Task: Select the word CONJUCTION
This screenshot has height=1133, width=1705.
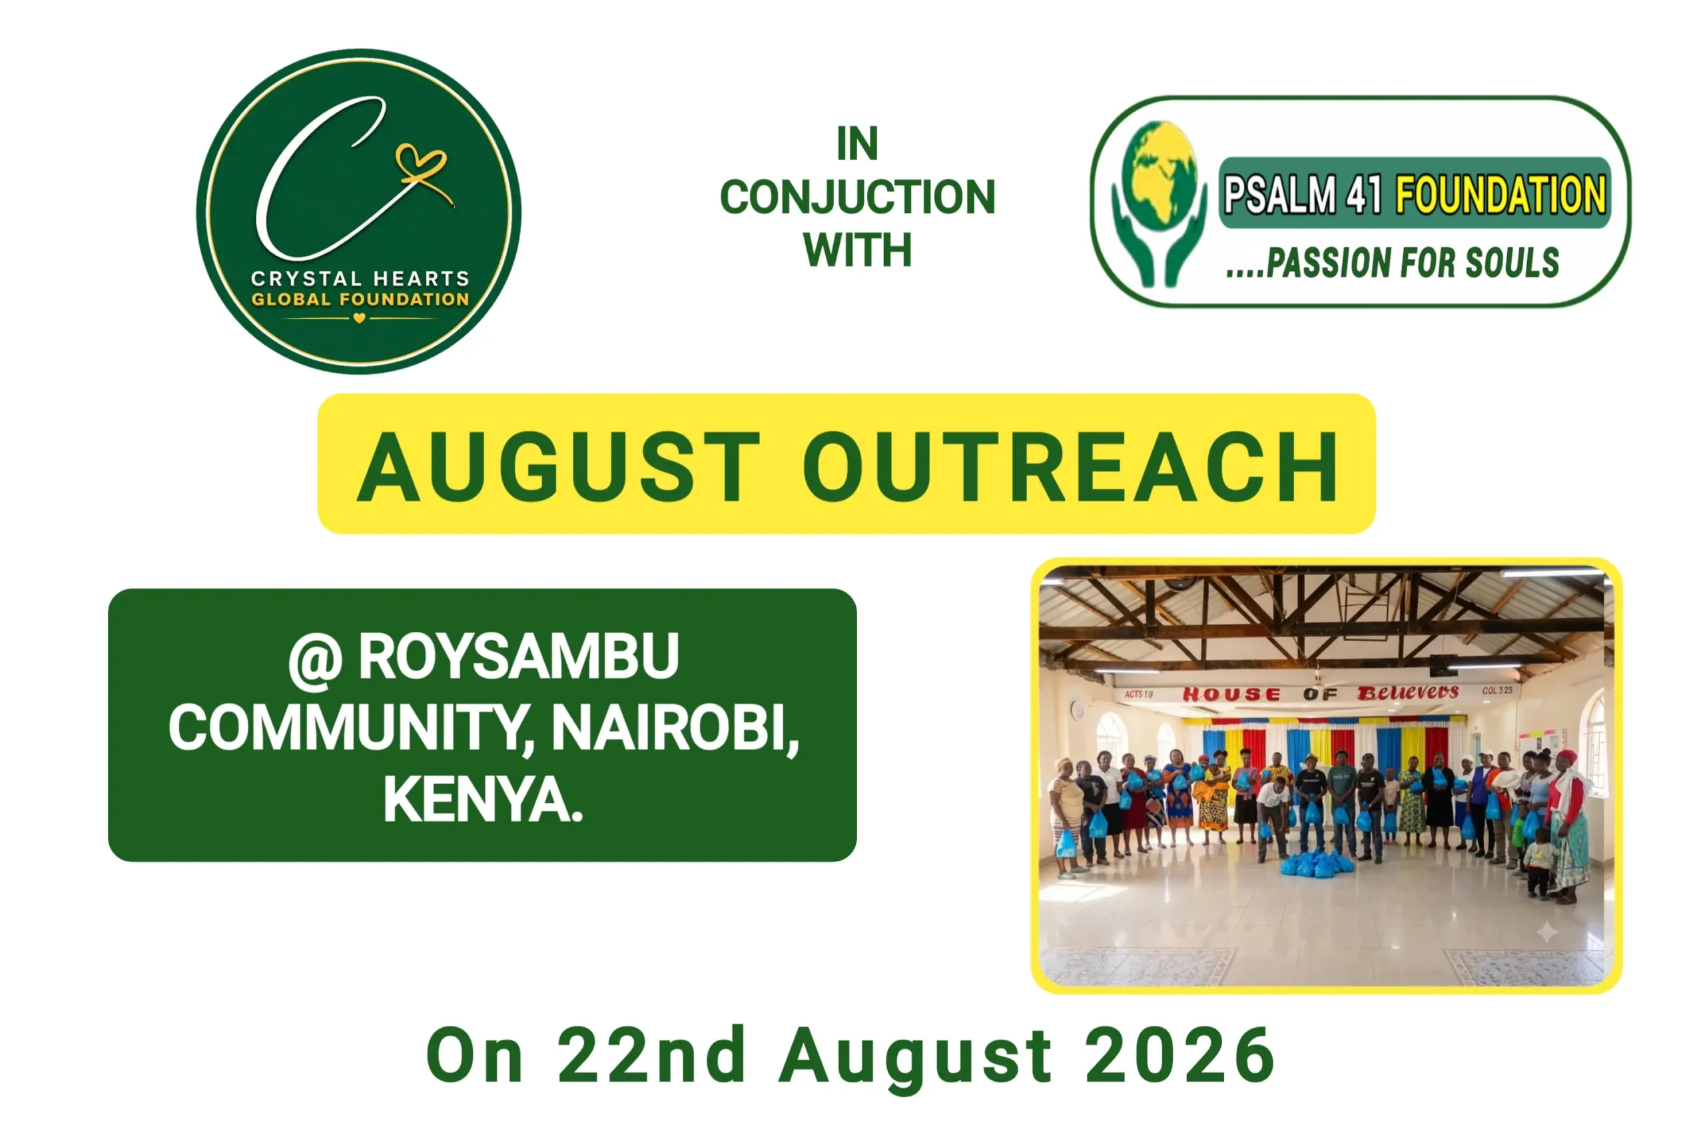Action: (857, 197)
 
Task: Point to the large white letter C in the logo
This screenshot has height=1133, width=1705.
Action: (318, 180)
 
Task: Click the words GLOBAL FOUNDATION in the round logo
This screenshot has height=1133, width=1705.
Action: (360, 299)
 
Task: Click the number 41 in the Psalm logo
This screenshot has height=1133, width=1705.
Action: (1363, 194)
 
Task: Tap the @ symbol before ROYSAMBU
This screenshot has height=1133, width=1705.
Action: (315, 660)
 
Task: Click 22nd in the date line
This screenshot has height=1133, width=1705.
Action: (651, 1055)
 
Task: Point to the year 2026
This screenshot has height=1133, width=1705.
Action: (1180, 1055)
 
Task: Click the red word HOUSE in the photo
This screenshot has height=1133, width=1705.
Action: (1231, 694)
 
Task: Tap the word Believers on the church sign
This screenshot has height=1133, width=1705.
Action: (1407, 692)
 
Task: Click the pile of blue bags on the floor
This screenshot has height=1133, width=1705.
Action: (1317, 863)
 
